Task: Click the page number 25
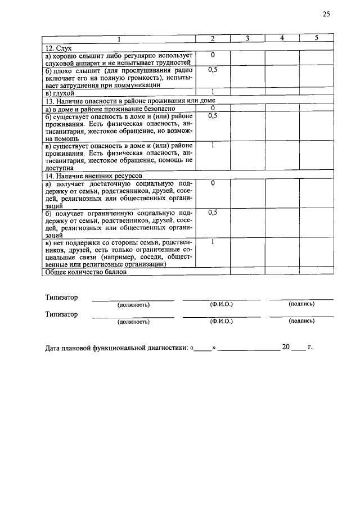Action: click(326, 15)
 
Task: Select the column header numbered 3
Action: click(247, 38)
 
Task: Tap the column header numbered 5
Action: click(316, 38)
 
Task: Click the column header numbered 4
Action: click(282, 38)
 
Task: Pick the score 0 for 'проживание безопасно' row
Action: click(213, 107)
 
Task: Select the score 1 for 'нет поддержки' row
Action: click(213, 242)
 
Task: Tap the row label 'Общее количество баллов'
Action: click(86, 272)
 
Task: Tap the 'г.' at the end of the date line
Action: click(310, 348)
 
